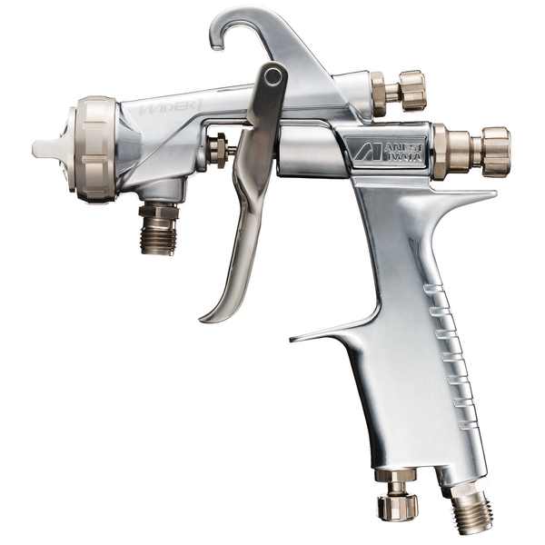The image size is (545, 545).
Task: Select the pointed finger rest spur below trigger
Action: [x=313, y=336]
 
